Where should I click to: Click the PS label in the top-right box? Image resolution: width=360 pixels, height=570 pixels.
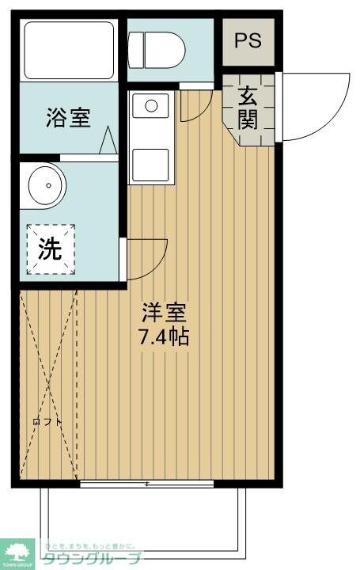[248, 40]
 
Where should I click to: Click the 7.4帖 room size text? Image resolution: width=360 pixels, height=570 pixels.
[164, 336]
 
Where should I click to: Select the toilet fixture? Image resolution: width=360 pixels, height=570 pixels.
[158, 48]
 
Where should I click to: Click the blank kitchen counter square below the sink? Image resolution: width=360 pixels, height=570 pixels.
[150, 165]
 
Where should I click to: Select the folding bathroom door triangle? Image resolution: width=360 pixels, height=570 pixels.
[108, 142]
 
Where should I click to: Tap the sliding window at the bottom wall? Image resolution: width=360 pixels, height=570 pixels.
[147, 483]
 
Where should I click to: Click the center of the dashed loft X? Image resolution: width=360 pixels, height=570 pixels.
[48, 386]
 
